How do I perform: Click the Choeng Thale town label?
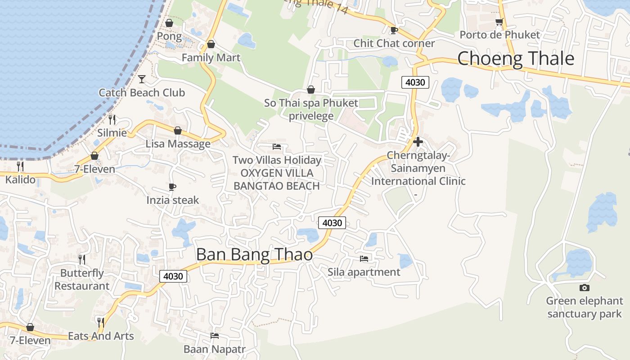coord(516,59)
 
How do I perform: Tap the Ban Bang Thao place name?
coord(254,255)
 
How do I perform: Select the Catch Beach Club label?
coord(142,93)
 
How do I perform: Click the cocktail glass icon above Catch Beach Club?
coord(142,79)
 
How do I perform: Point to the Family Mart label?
coord(211,58)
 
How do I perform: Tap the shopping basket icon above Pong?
coord(169,22)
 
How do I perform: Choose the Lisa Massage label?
coord(178,144)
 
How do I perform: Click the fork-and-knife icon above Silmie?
coord(112,119)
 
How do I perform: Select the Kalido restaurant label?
coord(20,180)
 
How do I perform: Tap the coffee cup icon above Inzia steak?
coord(172,187)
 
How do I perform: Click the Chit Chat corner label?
coord(394,43)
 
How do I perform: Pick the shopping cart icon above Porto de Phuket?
coord(499,22)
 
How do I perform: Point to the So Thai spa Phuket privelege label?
coord(311,109)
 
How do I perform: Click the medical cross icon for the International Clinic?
coord(418,142)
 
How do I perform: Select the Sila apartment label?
coord(364,272)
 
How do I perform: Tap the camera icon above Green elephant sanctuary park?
coord(584,288)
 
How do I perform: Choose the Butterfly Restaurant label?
coord(82,279)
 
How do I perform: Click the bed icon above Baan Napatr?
coord(215,336)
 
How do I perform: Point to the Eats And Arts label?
coord(101,336)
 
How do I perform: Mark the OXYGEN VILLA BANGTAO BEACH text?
coord(277,180)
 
